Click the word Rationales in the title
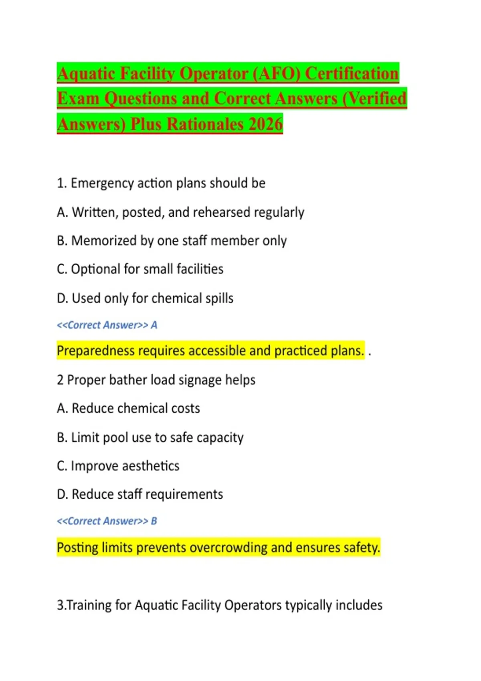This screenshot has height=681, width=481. pos(205,124)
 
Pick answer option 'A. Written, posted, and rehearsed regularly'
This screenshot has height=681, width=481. pos(180,212)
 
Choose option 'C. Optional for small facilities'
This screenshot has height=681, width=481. pos(140,269)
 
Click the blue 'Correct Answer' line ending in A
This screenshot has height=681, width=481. pos(107,325)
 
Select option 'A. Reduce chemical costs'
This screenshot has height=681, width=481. pos(128,408)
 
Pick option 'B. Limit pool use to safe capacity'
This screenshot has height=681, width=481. pos(150,437)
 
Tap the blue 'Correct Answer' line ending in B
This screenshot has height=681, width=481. pos(107,521)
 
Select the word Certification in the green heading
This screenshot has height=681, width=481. pos(352,74)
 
